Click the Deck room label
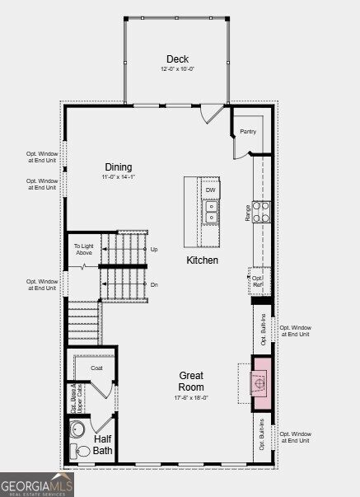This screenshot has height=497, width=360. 177,59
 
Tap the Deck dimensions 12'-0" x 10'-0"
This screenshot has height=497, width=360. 177,69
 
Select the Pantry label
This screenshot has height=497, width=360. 248,131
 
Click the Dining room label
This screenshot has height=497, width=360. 119,167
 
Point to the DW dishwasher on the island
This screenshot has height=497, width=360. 211,190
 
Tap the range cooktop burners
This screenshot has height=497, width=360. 260,213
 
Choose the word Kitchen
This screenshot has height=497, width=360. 202,260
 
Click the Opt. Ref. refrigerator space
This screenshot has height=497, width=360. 258,281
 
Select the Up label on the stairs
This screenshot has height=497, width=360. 153,248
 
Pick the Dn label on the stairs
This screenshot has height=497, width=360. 153,284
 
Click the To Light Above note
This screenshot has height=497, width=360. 83,249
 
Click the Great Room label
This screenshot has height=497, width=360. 191,381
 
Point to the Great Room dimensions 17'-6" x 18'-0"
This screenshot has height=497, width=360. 191,397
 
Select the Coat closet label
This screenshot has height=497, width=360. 96,368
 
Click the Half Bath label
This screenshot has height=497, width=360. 103,444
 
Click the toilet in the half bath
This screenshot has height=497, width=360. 81,451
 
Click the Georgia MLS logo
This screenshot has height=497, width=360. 37,484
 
